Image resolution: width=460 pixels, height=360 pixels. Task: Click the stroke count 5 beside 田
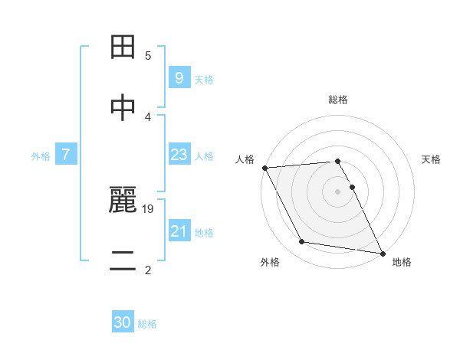(x=148, y=56)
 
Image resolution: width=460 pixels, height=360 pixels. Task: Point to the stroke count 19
(x=149, y=208)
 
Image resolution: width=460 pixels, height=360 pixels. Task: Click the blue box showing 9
(x=179, y=77)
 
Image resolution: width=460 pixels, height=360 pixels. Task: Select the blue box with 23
(x=179, y=155)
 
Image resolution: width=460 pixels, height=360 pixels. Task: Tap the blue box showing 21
(x=179, y=231)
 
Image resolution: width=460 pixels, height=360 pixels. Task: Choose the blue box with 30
(x=123, y=322)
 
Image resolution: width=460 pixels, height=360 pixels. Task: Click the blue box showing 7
(x=66, y=155)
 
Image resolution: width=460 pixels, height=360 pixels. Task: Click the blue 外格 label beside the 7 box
(x=41, y=155)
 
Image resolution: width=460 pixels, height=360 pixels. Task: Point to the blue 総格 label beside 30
(x=147, y=324)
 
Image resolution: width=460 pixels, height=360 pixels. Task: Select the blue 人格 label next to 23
(x=204, y=156)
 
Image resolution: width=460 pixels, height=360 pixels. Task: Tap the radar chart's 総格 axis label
(x=338, y=100)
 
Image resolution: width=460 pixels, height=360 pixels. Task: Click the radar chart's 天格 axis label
(x=431, y=159)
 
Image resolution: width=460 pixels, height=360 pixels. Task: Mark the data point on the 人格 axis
(x=264, y=168)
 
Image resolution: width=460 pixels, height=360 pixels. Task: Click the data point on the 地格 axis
(x=381, y=253)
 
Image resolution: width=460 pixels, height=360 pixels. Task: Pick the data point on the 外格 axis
(x=301, y=243)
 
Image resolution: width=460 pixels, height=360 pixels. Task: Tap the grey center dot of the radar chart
(x=338, y=191)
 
